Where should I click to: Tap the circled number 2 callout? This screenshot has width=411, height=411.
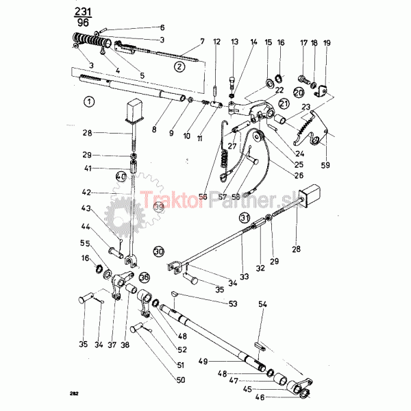tap(179, 66)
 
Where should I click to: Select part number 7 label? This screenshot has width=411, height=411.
tap(202, 42)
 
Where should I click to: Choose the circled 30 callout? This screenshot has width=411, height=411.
tap(159, 251)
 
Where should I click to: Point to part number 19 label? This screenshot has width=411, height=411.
tap(327, 42)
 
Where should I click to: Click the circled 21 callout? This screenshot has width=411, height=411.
tap(284, 103)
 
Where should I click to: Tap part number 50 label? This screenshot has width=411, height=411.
tap(180, 379)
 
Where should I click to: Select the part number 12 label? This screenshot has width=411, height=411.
tap(216, 42)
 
